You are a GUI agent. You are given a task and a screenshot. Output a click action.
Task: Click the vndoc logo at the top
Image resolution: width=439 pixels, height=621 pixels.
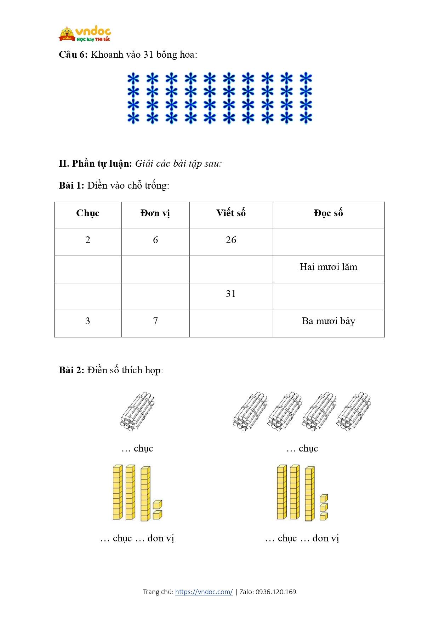tap(85, 34)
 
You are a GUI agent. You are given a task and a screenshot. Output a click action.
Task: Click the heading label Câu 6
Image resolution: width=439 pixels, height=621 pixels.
tap(73, 54)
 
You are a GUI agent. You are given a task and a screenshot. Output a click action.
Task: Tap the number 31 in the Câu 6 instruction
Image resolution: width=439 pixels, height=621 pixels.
tap(148, 54)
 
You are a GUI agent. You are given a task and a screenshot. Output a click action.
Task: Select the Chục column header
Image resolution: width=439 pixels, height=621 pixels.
tap(88, 213)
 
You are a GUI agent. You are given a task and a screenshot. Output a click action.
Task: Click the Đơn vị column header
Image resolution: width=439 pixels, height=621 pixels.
tap(155, 213)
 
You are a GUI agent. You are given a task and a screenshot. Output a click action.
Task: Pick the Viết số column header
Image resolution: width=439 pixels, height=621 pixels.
tap(231, 213)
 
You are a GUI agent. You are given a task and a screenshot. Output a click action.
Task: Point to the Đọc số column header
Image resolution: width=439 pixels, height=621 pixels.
tap(328, 213)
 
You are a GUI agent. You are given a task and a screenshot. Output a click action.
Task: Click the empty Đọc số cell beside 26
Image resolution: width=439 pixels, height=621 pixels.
tap(328, 242)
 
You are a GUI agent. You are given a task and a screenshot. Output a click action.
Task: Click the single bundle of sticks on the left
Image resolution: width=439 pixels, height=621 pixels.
tap(137, 411)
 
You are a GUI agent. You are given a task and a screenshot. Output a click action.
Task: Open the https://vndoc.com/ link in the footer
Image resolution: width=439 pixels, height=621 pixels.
tap(204, 592)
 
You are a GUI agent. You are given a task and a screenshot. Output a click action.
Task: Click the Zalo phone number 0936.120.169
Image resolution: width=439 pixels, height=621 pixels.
tap(276, 592)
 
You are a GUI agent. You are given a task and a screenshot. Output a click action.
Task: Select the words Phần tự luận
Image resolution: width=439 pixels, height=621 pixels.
tap(102, 163)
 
